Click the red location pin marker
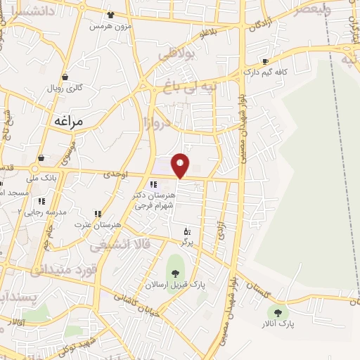pos(181,165)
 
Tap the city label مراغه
pos(68,121)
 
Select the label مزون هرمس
pos(110,26)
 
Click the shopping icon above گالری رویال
pos(65,77)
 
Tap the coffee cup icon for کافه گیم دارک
pos(265,61)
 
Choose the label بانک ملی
pos(43,179)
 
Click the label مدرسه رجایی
pos(45,212)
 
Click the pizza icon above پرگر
pos(187,231)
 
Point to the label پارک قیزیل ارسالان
pos(175,284)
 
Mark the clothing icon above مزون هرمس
pos(110,15)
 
